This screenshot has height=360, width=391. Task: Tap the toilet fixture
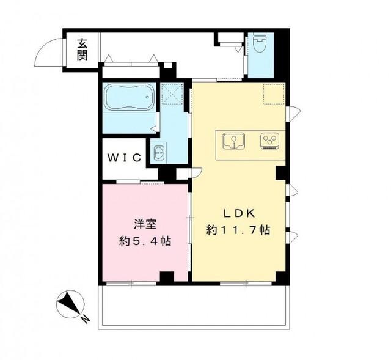click(x=259, y=45)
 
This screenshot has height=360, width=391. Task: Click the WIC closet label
click(x=125, y=158)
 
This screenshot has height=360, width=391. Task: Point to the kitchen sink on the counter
click(x=233, y=141)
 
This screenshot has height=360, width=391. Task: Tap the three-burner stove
click(x=269, y=141)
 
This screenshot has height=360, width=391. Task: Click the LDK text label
click(x=238, y=213)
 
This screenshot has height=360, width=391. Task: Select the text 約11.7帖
click(x=238, y=230)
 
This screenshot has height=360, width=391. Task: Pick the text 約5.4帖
click(x=144, y=241)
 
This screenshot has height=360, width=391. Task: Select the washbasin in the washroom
click(x=156, y=154)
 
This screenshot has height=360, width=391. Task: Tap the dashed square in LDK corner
click(x=272, y=94)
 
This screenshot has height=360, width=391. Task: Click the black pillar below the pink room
click(x=166, y=277)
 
